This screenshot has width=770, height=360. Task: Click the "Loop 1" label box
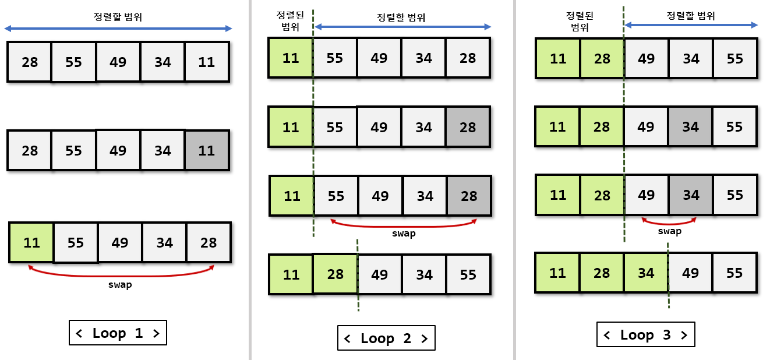point(118,333)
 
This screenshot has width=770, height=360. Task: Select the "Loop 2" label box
point(386,338)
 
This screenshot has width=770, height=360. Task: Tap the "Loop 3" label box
point(646,334)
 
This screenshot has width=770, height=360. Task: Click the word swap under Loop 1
point(120,285)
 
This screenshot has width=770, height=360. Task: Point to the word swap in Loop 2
point(404,234)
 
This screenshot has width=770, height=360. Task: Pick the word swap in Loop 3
point(670,231)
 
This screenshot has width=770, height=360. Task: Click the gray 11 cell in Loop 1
point(207,150)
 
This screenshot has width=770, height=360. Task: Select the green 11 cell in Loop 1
point(31,242)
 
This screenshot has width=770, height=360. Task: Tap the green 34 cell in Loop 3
point(646,273)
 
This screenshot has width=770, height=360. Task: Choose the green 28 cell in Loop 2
point(335,274)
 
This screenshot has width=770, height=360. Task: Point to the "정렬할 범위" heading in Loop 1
point(118,17)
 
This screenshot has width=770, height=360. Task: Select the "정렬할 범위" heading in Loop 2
point(401,17)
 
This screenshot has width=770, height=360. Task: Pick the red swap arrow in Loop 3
point(669,222)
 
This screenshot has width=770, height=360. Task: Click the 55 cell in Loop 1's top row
point(74,62)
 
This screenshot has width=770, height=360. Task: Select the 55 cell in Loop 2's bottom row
point(468,274)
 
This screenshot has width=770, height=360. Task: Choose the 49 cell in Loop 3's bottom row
point(690,273)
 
